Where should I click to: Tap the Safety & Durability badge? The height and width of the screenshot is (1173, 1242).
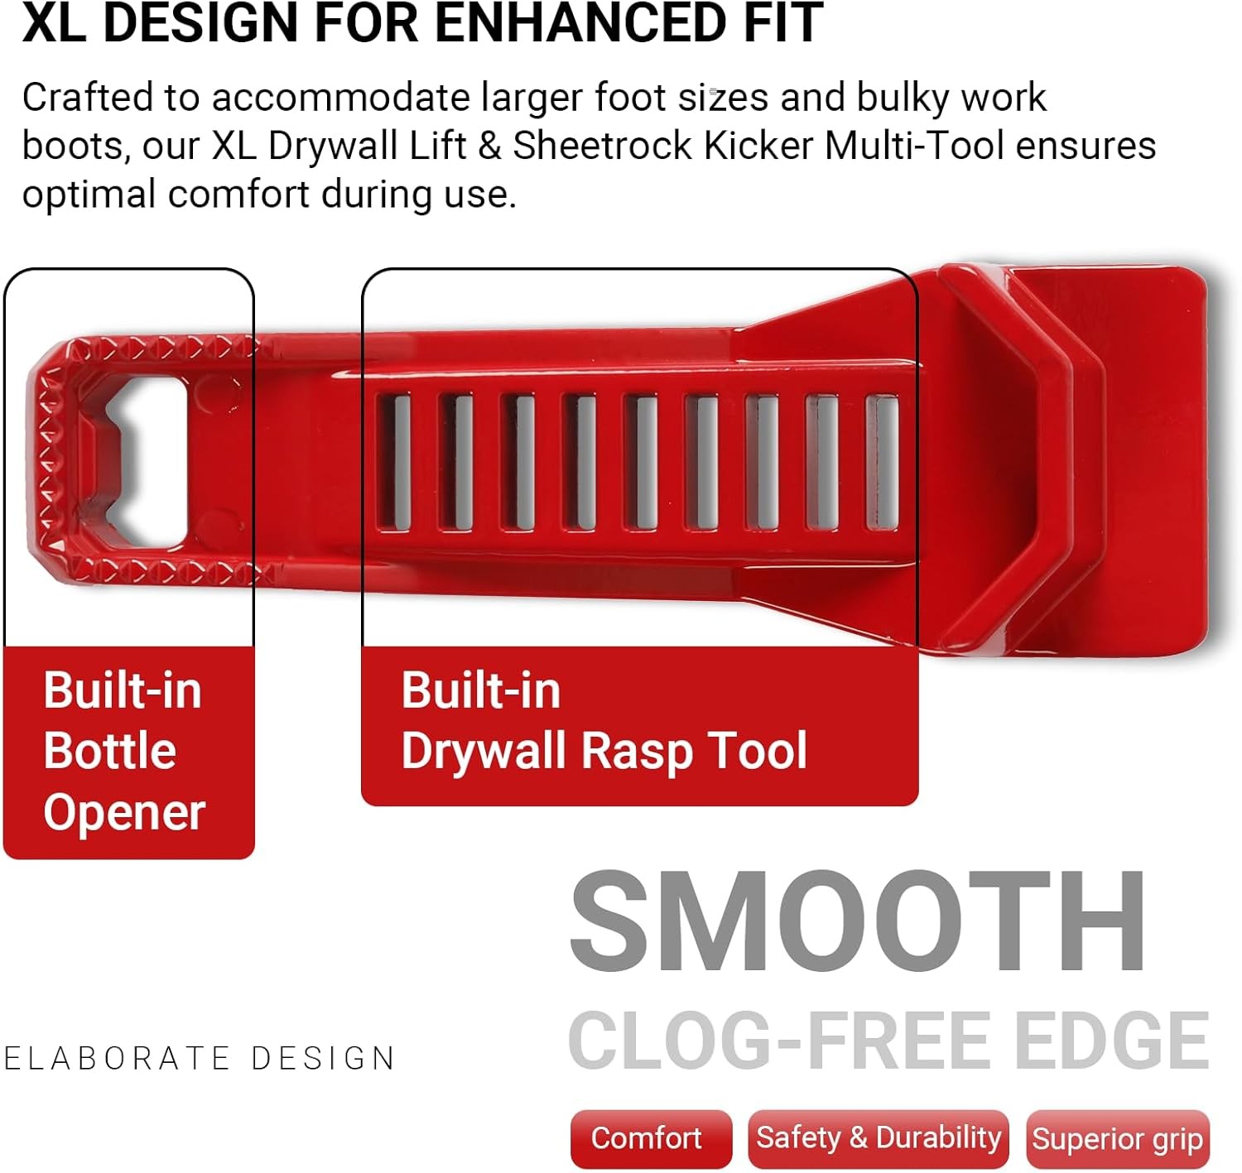coord(878,1138)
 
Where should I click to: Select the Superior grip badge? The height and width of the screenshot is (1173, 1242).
coord(1117,1140)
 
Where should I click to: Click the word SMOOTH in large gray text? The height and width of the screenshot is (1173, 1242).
coord(858,921)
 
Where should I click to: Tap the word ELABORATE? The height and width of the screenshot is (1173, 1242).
coord(117,1059)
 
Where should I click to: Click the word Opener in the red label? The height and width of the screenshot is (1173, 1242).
coord(124,812)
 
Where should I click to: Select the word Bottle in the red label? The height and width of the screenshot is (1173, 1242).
coord(110,751)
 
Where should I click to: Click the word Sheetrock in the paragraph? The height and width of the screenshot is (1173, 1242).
coord(602,146)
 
